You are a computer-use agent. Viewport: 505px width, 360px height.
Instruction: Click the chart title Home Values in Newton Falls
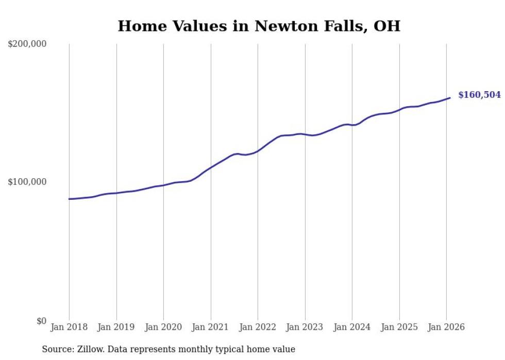(x=259, y=26)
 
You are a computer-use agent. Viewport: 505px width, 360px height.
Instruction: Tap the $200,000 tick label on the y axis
(x=27, y=44)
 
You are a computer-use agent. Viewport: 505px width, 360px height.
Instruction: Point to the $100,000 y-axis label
(x=27, y=182)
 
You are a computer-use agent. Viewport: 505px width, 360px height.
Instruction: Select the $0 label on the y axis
(x=41, y=321)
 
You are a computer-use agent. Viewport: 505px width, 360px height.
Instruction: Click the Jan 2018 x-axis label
(x=69, y=328)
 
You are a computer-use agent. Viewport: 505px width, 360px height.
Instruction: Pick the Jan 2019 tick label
(x=116, y=328)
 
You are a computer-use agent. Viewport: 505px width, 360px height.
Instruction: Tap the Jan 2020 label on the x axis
(x=163, y=328)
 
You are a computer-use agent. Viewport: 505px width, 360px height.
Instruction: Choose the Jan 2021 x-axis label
(x=211, y=328)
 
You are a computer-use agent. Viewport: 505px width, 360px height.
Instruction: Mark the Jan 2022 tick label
(x=258, y=328)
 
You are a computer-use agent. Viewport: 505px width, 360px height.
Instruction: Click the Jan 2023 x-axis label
(x=305, y=328)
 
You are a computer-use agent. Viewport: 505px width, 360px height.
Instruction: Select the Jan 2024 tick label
(x=352, y=328)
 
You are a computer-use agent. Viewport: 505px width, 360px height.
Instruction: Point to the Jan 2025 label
(x=399, y=328)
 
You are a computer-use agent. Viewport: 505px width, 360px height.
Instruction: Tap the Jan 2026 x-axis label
(x=446, y=328)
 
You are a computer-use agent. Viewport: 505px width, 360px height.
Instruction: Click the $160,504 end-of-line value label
(x=479, y=95)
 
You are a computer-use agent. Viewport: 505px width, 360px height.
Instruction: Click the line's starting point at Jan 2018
(x=70, y=199)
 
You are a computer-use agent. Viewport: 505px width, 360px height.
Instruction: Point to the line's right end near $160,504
(x=449, y=98)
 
